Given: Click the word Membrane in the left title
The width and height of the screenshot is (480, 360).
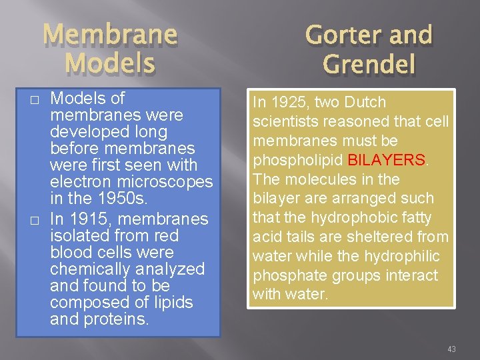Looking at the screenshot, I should (111, 35).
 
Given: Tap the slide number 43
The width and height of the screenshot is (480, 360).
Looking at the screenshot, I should (451, 349).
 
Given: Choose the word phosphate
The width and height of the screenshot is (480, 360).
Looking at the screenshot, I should (289, 275).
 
